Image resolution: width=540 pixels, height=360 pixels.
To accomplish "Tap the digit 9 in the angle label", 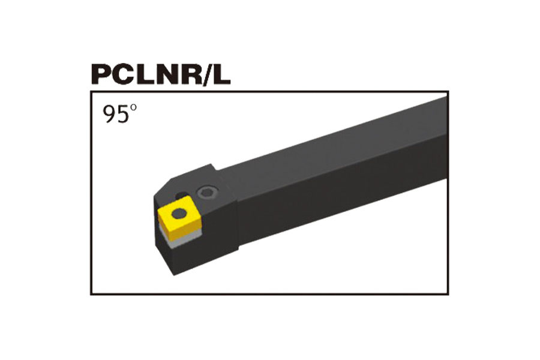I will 109,114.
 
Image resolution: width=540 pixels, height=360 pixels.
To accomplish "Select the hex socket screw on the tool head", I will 207,193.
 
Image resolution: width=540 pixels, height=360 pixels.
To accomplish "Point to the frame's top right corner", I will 448,92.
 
